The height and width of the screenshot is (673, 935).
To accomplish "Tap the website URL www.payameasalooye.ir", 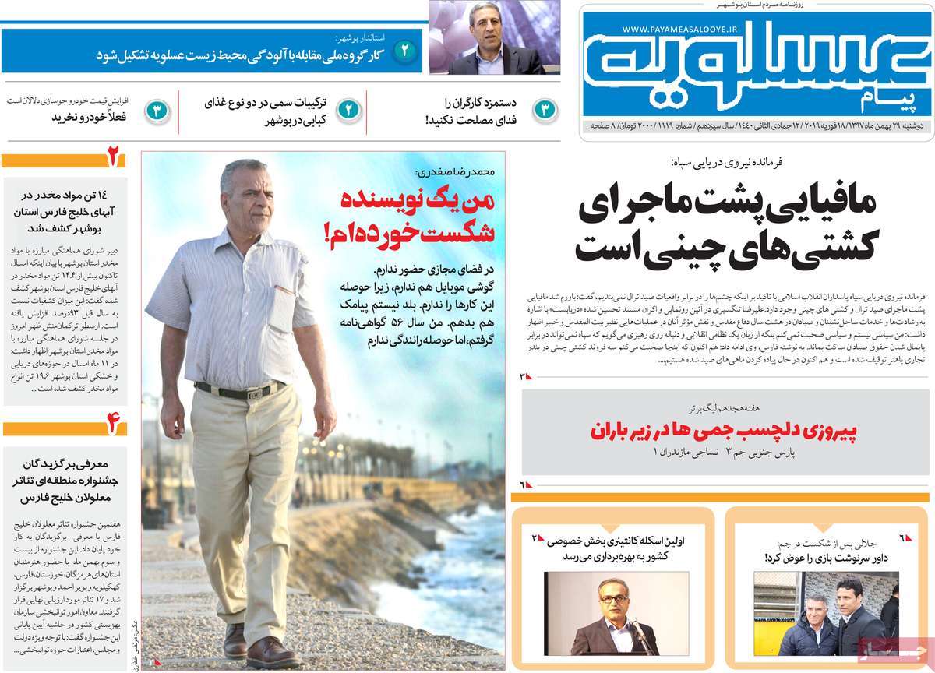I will click(686, 30).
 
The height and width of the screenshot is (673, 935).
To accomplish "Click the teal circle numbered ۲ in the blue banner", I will click(406, 53).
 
